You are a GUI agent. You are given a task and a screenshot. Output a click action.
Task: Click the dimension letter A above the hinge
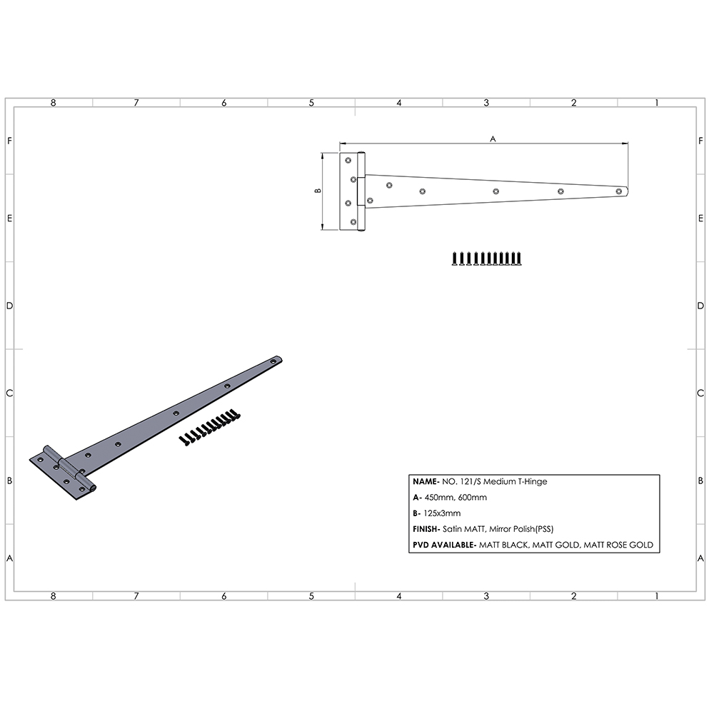click(493, 139)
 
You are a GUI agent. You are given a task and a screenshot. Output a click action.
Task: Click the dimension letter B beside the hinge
click(317, 191)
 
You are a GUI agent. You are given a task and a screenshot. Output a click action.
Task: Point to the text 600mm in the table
click(473, 498)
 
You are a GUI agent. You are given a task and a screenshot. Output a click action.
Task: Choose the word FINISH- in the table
click(426, 529)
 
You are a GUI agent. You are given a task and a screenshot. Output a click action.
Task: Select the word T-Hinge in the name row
click(533, 482)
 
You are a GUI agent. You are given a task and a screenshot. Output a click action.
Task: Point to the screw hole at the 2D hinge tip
click(619, 191)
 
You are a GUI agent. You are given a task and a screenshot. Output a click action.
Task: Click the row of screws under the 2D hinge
click(486, 258)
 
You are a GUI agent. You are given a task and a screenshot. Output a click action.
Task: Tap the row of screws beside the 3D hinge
click(209, 427)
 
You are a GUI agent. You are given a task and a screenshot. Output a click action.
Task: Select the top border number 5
click(311, 103)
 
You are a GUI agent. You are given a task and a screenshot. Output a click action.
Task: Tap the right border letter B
click(701, 481)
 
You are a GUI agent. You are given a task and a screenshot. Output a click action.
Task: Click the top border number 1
click(656, 103)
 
